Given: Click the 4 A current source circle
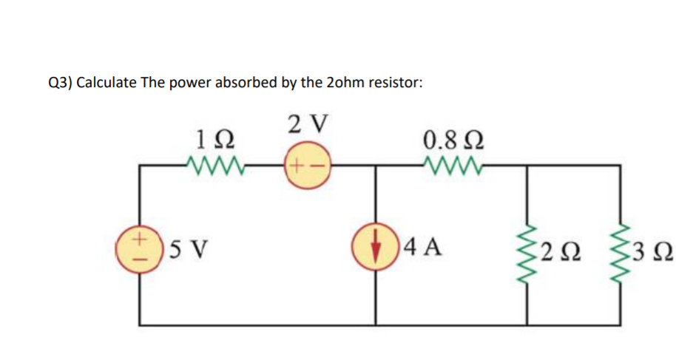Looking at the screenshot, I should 380,247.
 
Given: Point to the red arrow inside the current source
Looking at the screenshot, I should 380,247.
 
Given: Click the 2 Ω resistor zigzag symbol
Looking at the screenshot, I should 527,245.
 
